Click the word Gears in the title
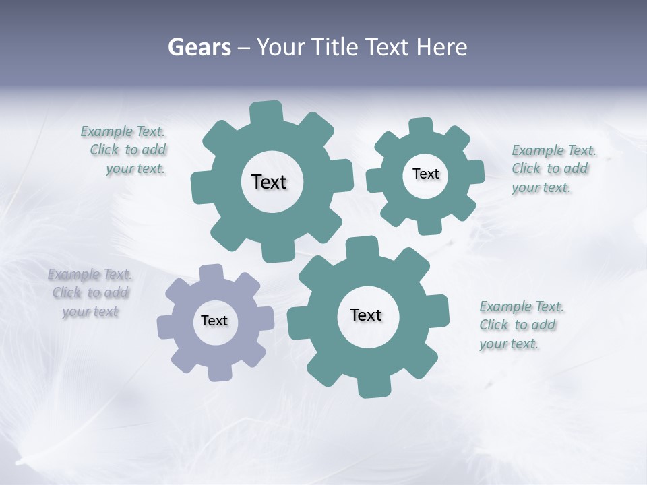click(199, 48)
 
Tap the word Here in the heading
click(441, 48)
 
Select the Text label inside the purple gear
click(214, 321)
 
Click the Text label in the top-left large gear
click(269, 182)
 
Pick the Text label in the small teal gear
click(425, 174)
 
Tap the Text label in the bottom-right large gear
click(366, 315)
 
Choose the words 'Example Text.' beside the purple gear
click(90, 275)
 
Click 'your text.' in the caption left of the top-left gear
click(135, 168)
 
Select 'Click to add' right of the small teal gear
click(549, 168)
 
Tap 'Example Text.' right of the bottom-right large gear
click(522, 307)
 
